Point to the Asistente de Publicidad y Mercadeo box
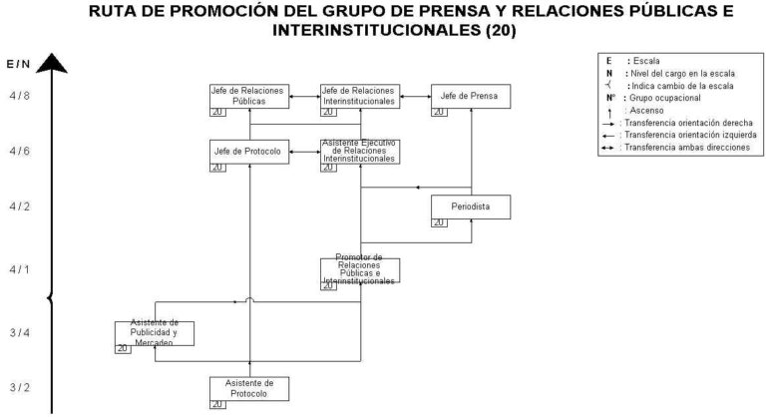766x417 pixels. [155, 333]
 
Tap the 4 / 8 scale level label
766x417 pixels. [20, 97]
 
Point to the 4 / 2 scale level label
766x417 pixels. [20, 207]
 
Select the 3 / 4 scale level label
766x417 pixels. [20, 332]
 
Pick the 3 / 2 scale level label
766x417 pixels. [20, 386]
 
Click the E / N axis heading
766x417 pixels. [18, 65]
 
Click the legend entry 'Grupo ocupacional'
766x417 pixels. [658, 99]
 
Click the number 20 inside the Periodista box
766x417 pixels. [439, 222]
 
